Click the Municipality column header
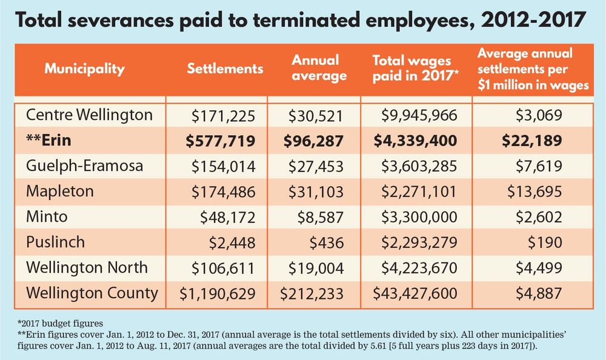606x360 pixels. tap(84, 68)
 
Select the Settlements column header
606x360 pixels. tap(225, 68)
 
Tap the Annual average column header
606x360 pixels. tap(319, 68)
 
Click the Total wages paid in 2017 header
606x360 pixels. tap(415, 68)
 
